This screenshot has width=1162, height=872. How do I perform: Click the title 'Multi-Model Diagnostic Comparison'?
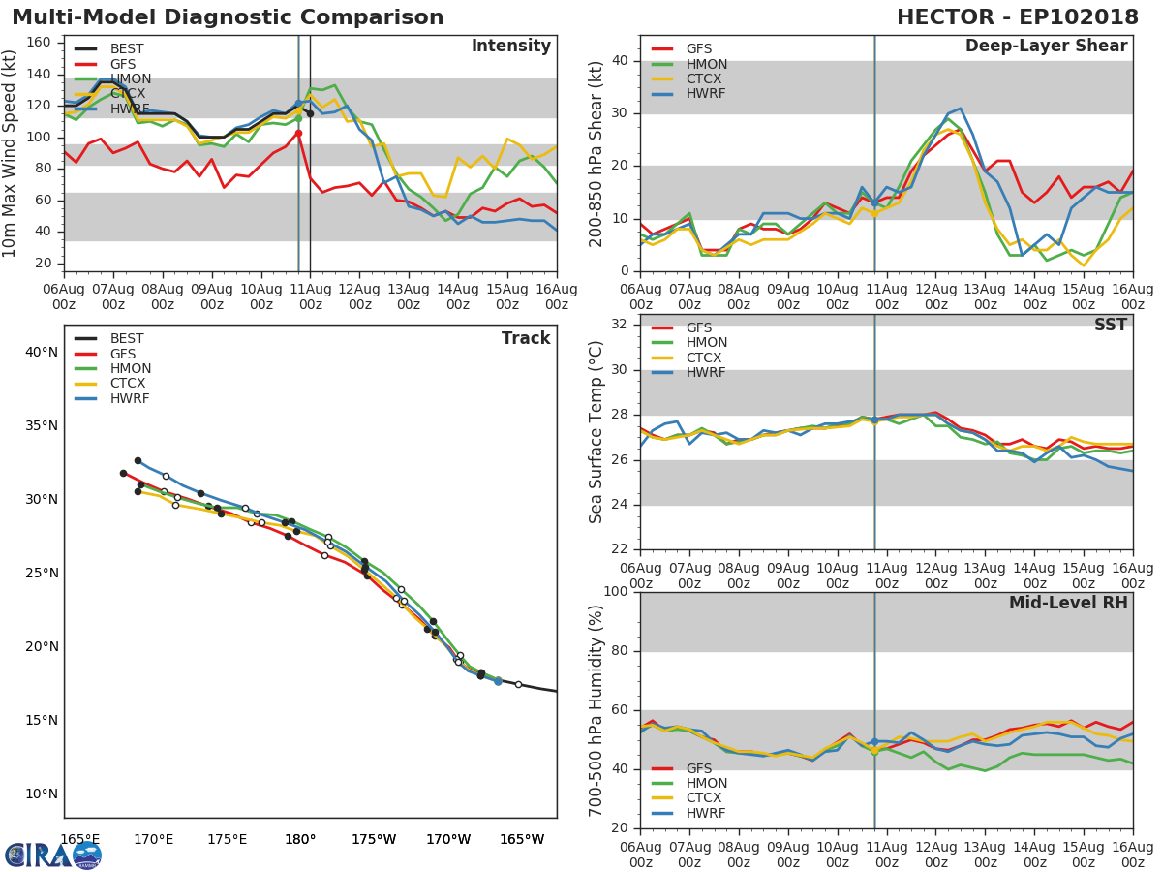point(228,17)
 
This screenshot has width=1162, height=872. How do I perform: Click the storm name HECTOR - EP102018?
point(1017,17)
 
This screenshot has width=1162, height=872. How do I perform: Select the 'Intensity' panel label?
point(510,47)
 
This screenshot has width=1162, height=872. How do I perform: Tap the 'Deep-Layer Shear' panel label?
point(1046,47)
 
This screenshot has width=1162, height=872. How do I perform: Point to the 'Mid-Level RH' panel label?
point(1068,603)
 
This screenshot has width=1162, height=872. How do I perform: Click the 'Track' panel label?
point(526,338)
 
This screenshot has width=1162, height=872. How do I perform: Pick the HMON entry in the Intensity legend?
point(130,78)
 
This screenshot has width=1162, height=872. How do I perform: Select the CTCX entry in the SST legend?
point(706,358)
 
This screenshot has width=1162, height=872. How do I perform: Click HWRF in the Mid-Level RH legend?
point(706,813)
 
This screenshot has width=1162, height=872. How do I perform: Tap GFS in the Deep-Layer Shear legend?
point(698,49)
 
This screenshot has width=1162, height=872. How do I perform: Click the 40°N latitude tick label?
point(42,352)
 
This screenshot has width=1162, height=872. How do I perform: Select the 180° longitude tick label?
point(300,839)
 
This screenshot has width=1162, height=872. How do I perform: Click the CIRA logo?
point(53,855)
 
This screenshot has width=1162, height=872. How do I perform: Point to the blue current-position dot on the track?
point(498,681)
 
